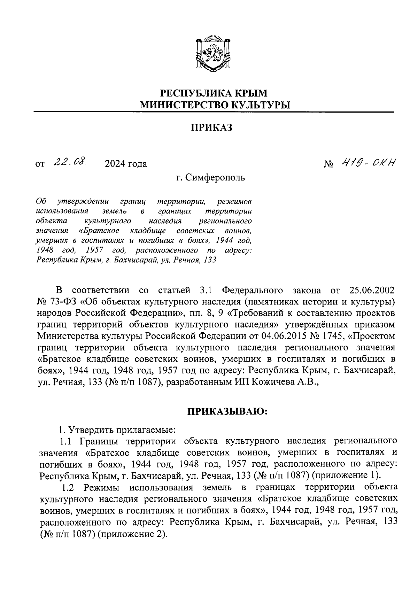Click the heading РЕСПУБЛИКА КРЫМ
click(x=214, y=93)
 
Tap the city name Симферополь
click(x=215, y=178)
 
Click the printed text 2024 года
click(x=126, y=164)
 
